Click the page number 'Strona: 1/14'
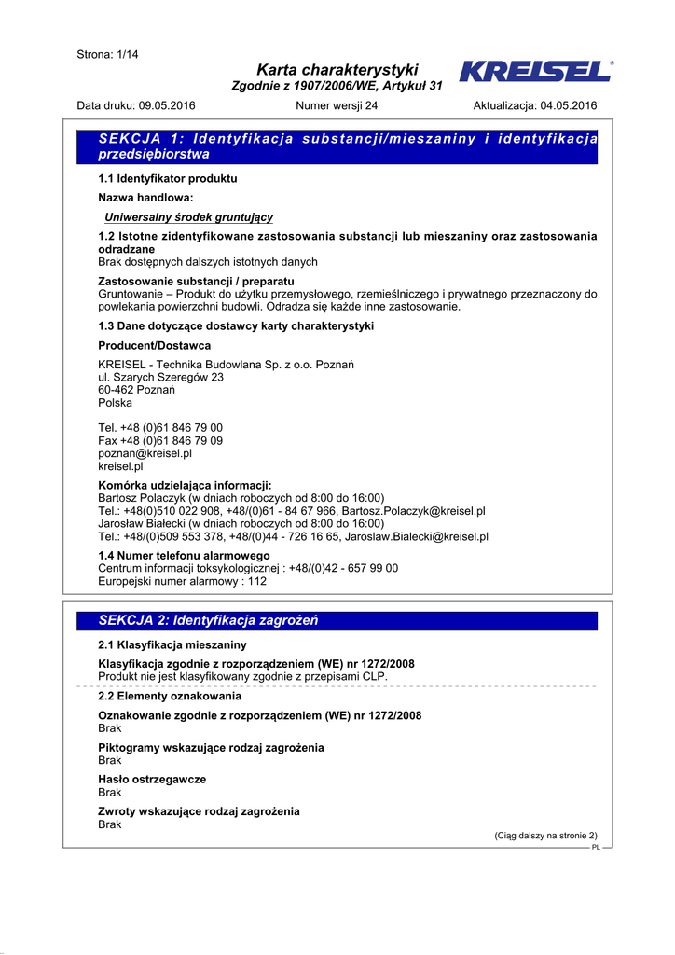(107, 55)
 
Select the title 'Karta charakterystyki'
(337, 70)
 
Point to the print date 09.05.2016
(166, 105)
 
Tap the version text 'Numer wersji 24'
(337, 105)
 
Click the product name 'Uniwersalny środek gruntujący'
(188, 217)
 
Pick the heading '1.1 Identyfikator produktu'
(168, 177)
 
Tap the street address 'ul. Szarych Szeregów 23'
(161, 378)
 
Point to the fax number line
(160, 440)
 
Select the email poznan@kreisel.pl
(145, 453)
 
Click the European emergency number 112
(256, 581)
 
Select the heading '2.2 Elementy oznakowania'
(170, 697)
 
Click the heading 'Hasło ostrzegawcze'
(152, 779)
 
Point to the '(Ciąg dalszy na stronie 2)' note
(545, 836)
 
